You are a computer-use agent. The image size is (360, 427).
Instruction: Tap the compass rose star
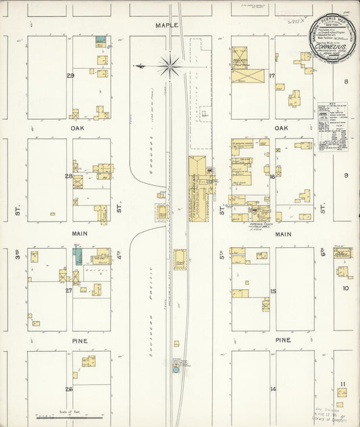tap(170, 66)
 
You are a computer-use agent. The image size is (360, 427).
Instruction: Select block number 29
tap(70, 75)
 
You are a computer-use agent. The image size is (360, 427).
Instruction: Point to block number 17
tap(272, 75)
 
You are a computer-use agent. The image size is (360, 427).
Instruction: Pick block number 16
tap(272, 176)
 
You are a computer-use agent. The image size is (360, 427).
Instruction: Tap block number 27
tap(69, 290)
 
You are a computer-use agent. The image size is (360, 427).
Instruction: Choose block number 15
tap(273, 291)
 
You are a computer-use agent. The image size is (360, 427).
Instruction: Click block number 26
tap(69, 389)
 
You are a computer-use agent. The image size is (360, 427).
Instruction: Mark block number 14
tap(273, 389)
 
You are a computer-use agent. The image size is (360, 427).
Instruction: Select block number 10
tap(345, 288)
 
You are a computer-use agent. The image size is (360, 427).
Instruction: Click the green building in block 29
tap(101, 41)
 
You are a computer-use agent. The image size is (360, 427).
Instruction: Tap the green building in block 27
tap(77, 256)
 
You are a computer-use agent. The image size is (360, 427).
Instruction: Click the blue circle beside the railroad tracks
tap(176, 370)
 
